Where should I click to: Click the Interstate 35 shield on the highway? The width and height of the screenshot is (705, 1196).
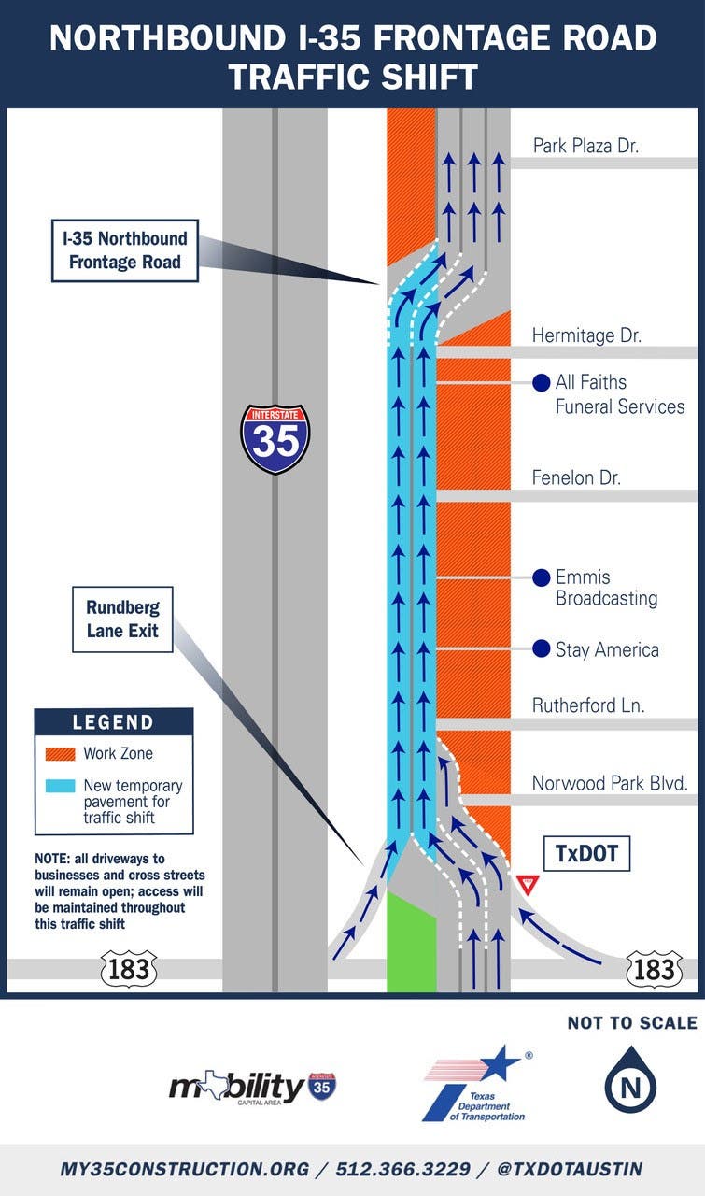pos(275,439)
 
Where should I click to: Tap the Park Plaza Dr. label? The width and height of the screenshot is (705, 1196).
pos(585,146)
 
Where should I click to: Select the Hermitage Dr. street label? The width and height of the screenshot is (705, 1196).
pos(586,335)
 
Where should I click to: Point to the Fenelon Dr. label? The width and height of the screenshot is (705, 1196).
pos(576,477)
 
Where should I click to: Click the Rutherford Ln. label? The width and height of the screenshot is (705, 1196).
pos(588,705)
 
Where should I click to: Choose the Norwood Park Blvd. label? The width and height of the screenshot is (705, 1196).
pos(610,783)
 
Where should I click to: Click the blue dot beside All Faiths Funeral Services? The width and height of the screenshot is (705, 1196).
pos(542,382)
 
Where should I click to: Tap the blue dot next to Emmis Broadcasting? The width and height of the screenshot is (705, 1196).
pos(542,577)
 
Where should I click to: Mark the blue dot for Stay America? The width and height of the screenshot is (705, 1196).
pos(542,648)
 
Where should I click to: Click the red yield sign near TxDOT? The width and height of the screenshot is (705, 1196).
pos(528,884)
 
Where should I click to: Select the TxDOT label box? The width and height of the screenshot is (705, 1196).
pos(586,854)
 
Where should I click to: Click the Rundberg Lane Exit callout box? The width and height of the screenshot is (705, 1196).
pos(122,619)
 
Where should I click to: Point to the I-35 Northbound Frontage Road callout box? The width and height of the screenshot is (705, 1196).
pos(125,250)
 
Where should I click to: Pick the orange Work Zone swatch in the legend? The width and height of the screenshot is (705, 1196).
pos(61,753)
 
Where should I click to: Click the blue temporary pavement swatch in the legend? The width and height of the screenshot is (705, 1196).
pos(61,786)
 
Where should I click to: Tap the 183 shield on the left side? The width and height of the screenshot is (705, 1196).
pos(129,969)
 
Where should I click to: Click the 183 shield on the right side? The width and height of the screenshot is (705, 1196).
pos(654,969)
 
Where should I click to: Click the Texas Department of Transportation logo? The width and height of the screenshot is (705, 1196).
pos(476,1084)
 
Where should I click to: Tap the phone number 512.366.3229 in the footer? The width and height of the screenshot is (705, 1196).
pos(403,1169)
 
